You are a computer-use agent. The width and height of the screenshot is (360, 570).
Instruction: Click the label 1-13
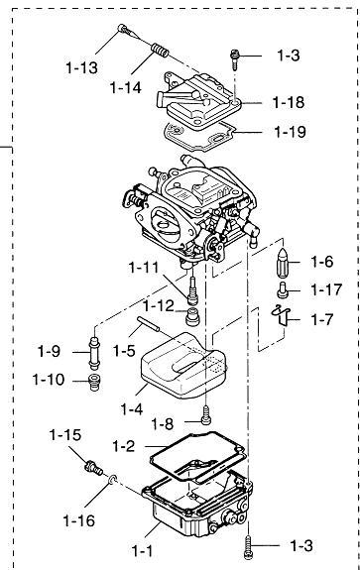coord(81,67)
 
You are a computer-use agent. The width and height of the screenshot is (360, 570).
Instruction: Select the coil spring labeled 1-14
coord(160,51)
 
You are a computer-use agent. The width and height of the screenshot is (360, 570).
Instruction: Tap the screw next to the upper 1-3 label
coord(234,59)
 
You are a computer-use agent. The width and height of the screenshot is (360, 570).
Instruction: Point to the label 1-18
coord(289,102)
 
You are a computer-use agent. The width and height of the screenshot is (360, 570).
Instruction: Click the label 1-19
coord(290,132)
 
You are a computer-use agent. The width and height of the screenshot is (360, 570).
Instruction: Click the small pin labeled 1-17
coord(283,289)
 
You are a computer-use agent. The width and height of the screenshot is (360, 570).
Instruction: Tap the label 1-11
coord(144,268)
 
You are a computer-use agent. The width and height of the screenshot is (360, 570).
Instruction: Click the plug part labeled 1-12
coord(192,316)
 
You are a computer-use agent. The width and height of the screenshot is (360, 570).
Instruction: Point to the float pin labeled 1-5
coord(148,323)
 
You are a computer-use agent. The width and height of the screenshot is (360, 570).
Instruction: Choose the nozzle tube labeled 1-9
coord(94,353)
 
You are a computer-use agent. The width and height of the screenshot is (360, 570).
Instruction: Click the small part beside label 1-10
coord(94,382)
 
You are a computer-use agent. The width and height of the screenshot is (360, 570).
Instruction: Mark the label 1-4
coord(132,409)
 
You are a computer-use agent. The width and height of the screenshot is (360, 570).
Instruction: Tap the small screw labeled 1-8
coord(206,415)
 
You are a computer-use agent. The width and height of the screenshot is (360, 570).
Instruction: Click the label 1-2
coord(123,446)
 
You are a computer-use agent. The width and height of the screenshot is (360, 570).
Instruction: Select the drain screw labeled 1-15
coord(94,468)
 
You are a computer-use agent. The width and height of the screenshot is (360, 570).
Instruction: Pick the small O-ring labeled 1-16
coord(113,480)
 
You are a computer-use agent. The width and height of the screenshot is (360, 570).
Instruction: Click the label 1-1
coord(142,551)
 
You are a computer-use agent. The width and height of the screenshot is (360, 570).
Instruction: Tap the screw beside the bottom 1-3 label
coord(249,547)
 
